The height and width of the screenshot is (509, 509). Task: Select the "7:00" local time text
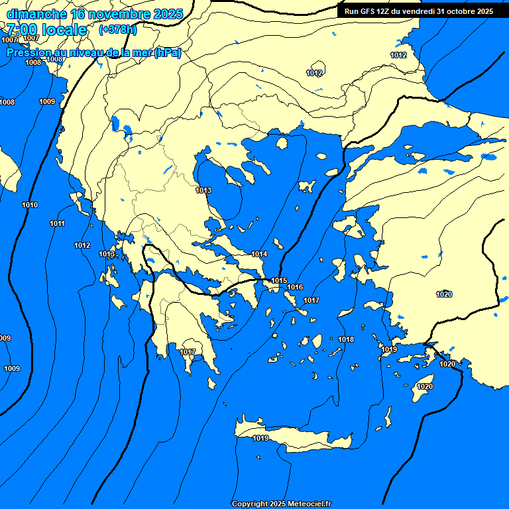[21, 30]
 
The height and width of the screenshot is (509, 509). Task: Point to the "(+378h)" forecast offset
[117, 30]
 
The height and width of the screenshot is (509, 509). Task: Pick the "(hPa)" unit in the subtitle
[167, 53]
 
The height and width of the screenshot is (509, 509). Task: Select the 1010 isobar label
[30, 205]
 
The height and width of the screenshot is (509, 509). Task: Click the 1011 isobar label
[58, 224]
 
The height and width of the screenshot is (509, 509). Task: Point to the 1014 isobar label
[259, 254]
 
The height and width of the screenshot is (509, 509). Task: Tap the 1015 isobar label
[279, 281]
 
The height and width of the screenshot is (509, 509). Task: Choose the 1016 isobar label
[295, 288]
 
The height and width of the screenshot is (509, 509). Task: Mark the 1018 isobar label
[346, 340]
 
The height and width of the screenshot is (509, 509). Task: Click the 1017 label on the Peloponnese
[188, 352]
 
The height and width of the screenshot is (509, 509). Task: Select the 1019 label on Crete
[260, 439]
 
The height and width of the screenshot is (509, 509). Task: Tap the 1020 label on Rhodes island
[425, 387]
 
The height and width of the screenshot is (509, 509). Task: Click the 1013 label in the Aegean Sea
[203, 191]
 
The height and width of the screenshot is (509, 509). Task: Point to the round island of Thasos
[281, 142]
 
